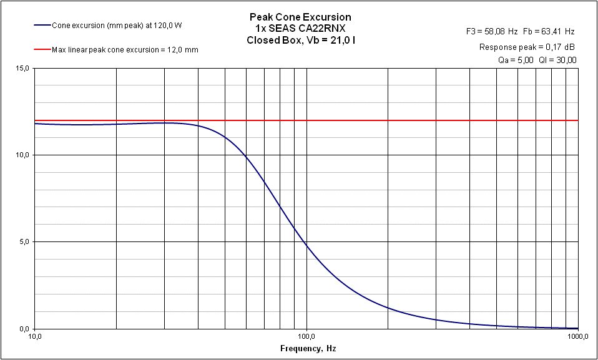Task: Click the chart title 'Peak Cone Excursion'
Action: coord(300,17)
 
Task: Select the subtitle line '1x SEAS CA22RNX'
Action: coord(300,29)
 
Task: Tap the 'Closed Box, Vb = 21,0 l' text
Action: coord(300,41)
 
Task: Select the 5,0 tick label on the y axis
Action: coord(24,241)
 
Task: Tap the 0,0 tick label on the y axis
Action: coord(24,329)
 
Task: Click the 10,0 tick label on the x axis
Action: coord(35,337)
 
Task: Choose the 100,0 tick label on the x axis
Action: coord(306,337)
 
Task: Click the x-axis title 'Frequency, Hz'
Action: coord(306,349)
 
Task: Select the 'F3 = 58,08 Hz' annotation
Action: coord(492,31)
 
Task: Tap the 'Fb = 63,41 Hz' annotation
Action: coord(550,31)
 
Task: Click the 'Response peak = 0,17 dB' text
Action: coord(527,47)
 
